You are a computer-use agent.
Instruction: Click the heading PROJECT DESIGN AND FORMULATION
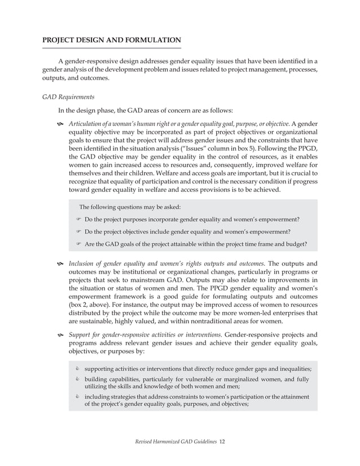[112, 40]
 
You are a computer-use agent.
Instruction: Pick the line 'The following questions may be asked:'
[130, 207]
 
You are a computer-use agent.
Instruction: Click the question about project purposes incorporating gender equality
[191, 219]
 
